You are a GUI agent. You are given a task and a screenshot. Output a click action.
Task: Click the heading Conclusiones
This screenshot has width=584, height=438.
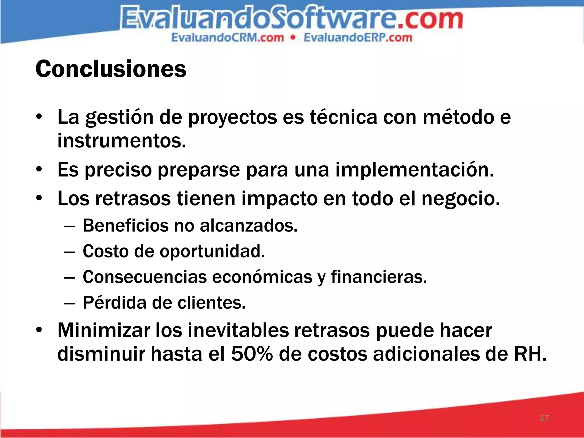[x=111, y=69]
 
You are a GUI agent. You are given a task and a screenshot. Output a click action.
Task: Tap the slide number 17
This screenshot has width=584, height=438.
[x=544, y=418]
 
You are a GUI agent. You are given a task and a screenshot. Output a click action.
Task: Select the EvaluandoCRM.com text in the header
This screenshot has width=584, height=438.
[x=228, y=38]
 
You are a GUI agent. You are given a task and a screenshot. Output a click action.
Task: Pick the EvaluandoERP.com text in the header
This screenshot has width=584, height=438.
[x=358, y=38]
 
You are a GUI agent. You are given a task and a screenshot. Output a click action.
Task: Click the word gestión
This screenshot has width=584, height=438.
[x=119, y=117]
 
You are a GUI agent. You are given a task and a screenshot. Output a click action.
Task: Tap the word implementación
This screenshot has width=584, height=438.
[x=414, y=170]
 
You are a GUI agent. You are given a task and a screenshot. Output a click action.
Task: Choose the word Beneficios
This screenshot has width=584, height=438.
[x=125, y=226]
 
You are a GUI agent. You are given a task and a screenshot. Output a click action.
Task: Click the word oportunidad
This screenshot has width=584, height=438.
[x=212, y=252]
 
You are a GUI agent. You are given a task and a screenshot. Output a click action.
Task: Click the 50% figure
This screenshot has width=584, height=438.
[x=252, y=354]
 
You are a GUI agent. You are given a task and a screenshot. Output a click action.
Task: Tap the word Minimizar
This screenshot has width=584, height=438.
[x=104, y=330]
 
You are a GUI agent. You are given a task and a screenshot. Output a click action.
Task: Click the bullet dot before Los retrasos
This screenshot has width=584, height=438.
[x=39, y=198]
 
